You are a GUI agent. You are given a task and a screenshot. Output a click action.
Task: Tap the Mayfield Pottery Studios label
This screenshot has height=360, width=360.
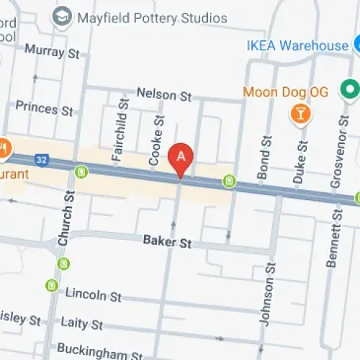(152, 17)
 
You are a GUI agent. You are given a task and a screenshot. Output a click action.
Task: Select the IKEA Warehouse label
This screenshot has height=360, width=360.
(297, 46)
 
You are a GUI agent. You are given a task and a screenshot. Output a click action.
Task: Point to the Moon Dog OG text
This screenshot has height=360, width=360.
(285, 92)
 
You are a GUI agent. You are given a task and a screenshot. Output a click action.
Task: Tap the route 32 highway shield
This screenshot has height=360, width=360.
(42, 159)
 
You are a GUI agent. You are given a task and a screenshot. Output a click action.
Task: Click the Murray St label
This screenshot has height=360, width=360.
(53, 51)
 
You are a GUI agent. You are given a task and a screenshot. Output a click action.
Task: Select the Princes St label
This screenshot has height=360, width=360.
(45, 109)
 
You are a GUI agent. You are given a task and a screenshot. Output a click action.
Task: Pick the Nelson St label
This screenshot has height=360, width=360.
(165, 94)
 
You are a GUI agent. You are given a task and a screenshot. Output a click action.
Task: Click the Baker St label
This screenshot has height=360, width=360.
(166, 243)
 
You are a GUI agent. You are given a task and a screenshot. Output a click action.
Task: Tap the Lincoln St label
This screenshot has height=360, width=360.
(94, 296)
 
